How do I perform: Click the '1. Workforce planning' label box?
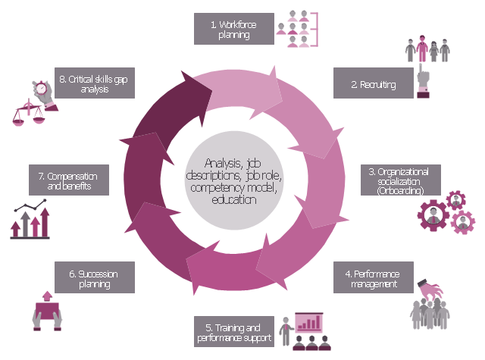point(233,30)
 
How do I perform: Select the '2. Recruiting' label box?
point(373,84)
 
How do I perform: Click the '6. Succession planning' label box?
point(95,278)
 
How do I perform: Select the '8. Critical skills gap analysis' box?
point(95,84)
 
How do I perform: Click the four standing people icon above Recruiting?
point(428,49)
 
